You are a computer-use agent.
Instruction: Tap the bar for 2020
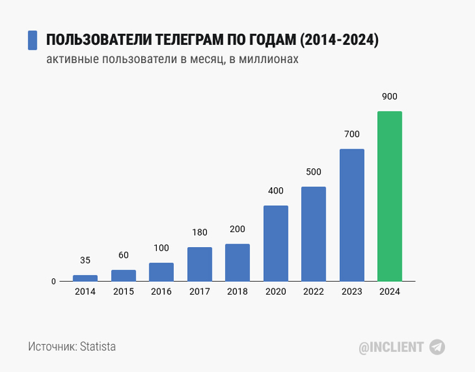click(275, 243)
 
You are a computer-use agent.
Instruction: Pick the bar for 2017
click(199, 263)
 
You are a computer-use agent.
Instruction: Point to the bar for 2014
click(85, 278)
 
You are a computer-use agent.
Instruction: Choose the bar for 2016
click(161, 272)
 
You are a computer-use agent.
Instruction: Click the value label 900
click(389, 96)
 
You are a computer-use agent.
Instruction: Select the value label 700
click(351, 134)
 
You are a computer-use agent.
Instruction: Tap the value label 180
click(199, 233)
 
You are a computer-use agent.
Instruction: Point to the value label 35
click(85, 260)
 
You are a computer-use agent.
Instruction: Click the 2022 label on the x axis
click(313, 291)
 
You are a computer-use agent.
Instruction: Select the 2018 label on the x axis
click(237, 291)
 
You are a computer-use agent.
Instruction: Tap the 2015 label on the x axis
click(123, 291)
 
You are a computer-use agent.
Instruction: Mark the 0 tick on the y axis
click(54, 281)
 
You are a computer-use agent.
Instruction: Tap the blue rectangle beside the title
click(33, 40)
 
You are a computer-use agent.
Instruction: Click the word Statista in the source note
click(98, 346)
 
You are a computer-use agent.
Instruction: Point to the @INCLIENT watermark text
click(392, 347)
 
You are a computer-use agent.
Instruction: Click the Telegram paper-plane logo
click(438, 347)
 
